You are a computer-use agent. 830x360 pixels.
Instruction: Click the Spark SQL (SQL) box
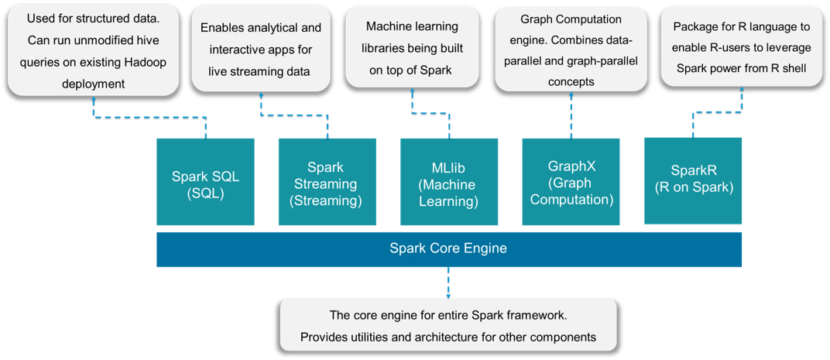coord(205,182)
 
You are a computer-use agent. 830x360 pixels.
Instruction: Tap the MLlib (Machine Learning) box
coord(448,182)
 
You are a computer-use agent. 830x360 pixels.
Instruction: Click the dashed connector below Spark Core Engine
coord(448,283)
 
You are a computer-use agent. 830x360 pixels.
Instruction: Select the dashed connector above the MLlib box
coord(448,108)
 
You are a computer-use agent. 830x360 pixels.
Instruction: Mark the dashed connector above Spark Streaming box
coord(294,116)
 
